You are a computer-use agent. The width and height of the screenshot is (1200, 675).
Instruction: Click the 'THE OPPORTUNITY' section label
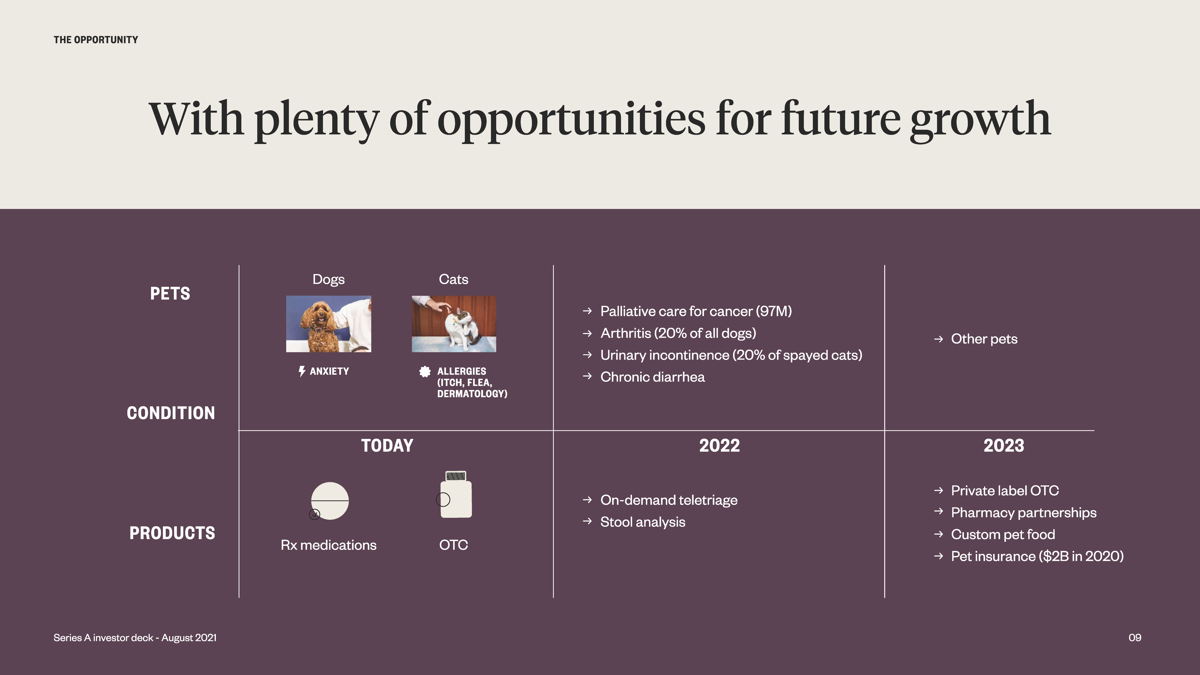tap(96, 40)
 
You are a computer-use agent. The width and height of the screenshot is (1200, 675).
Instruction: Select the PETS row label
tap(170, 294)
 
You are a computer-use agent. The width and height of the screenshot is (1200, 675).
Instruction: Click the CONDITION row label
tap(171, 413)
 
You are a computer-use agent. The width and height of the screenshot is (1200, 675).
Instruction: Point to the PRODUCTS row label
tap(172, 533)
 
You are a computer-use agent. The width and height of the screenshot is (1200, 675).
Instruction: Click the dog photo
tap(328, 324)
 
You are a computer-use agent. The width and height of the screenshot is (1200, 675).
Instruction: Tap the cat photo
tap(454, 324)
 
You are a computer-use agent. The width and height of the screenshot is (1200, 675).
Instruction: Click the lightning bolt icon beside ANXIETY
tap(302, 371)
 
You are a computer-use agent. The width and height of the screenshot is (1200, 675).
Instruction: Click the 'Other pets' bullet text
tap(984, 339)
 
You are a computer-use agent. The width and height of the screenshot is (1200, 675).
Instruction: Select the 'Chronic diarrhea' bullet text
tap(653, 377)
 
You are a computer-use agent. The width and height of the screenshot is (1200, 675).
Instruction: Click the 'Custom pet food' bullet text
tap(1003, 534)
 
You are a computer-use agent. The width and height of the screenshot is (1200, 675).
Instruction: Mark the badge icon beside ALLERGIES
tap(425, 371)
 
